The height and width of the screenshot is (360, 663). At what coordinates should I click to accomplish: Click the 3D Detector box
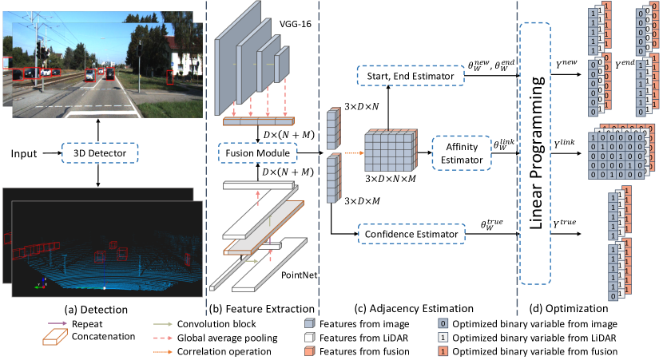coord(99,149)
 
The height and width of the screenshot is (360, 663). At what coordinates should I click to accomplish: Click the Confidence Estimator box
coord(411,234)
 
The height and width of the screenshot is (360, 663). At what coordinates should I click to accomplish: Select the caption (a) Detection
coord(99,307)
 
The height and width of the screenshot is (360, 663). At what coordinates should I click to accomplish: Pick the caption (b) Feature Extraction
coord(260,307)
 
